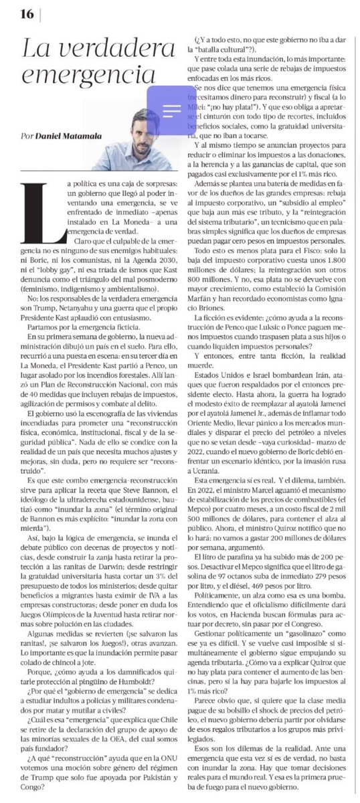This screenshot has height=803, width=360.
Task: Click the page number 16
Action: (27, 13)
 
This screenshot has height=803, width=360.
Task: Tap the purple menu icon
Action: (172, 109)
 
